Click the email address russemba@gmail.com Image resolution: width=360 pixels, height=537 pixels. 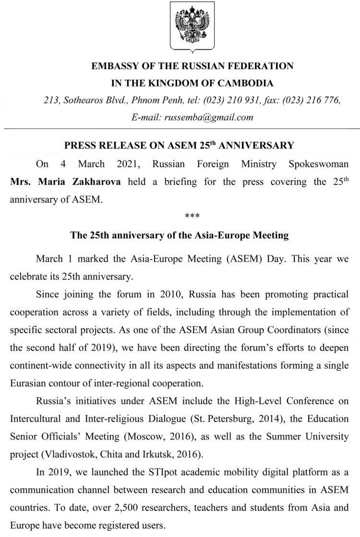click(x=208, y=117)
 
